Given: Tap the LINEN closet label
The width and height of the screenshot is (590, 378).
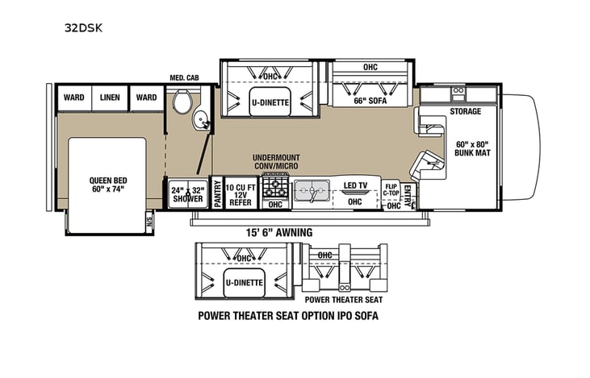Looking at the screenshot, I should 110,98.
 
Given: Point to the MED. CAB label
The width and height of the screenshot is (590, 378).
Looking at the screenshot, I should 183,78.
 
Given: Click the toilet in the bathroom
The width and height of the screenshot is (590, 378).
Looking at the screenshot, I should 182,102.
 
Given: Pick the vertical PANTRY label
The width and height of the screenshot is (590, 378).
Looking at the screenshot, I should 216,193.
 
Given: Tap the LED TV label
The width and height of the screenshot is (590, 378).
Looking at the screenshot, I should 355,186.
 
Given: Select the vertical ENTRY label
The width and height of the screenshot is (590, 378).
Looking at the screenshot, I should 408,194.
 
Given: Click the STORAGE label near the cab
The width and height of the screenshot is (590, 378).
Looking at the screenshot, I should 465,111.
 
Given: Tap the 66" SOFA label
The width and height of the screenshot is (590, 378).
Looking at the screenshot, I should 370,101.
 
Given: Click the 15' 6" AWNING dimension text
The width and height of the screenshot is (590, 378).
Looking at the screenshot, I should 279,232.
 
